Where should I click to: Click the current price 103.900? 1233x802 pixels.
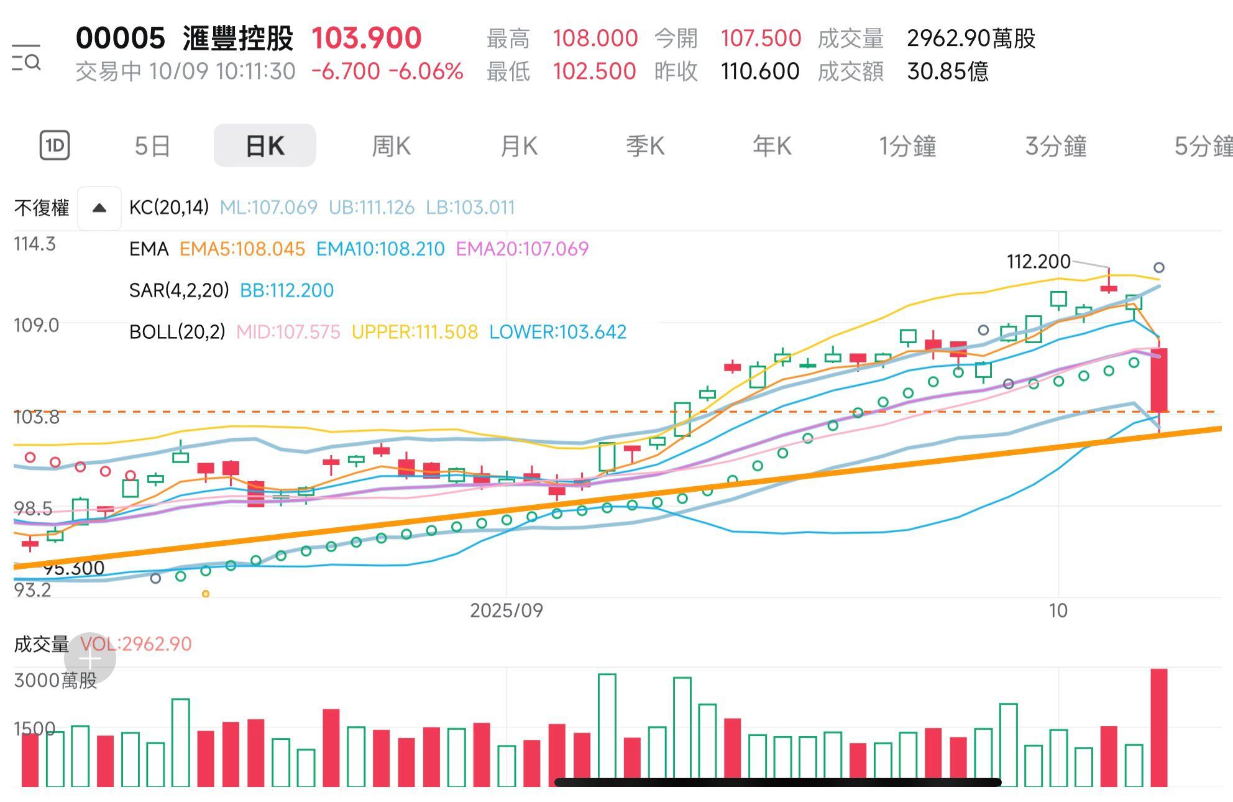click(366, 39)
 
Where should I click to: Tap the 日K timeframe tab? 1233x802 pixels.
click(265, 146)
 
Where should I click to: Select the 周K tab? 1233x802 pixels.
click(391, 146)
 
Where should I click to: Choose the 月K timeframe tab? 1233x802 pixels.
click(519, 146)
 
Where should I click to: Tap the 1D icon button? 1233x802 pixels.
click(55, 146)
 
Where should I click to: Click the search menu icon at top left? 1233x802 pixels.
click(26, 58)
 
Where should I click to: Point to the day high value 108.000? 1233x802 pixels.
click(595, 39)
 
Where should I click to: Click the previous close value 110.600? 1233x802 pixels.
click(759, 71)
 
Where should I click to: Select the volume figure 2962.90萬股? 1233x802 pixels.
click(971, 39)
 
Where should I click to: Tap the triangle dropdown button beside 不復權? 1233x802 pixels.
click(99, 208)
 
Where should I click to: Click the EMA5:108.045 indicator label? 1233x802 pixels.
click(242, 249)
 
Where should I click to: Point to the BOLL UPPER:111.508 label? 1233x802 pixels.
click(415, 332)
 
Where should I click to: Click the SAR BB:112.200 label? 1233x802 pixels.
click(286, 290)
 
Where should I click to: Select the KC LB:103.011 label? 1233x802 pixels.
click(470, 208)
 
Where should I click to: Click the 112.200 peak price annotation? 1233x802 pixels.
click(1038, 262)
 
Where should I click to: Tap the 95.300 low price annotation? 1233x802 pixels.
click(74, 568)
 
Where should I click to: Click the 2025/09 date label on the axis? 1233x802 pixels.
click(506, 611)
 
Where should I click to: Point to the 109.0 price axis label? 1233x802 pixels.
click(36, 325)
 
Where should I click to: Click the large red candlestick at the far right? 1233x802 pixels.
click(1159, 379)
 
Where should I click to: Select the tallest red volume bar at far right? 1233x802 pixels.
click(1159, 727)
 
